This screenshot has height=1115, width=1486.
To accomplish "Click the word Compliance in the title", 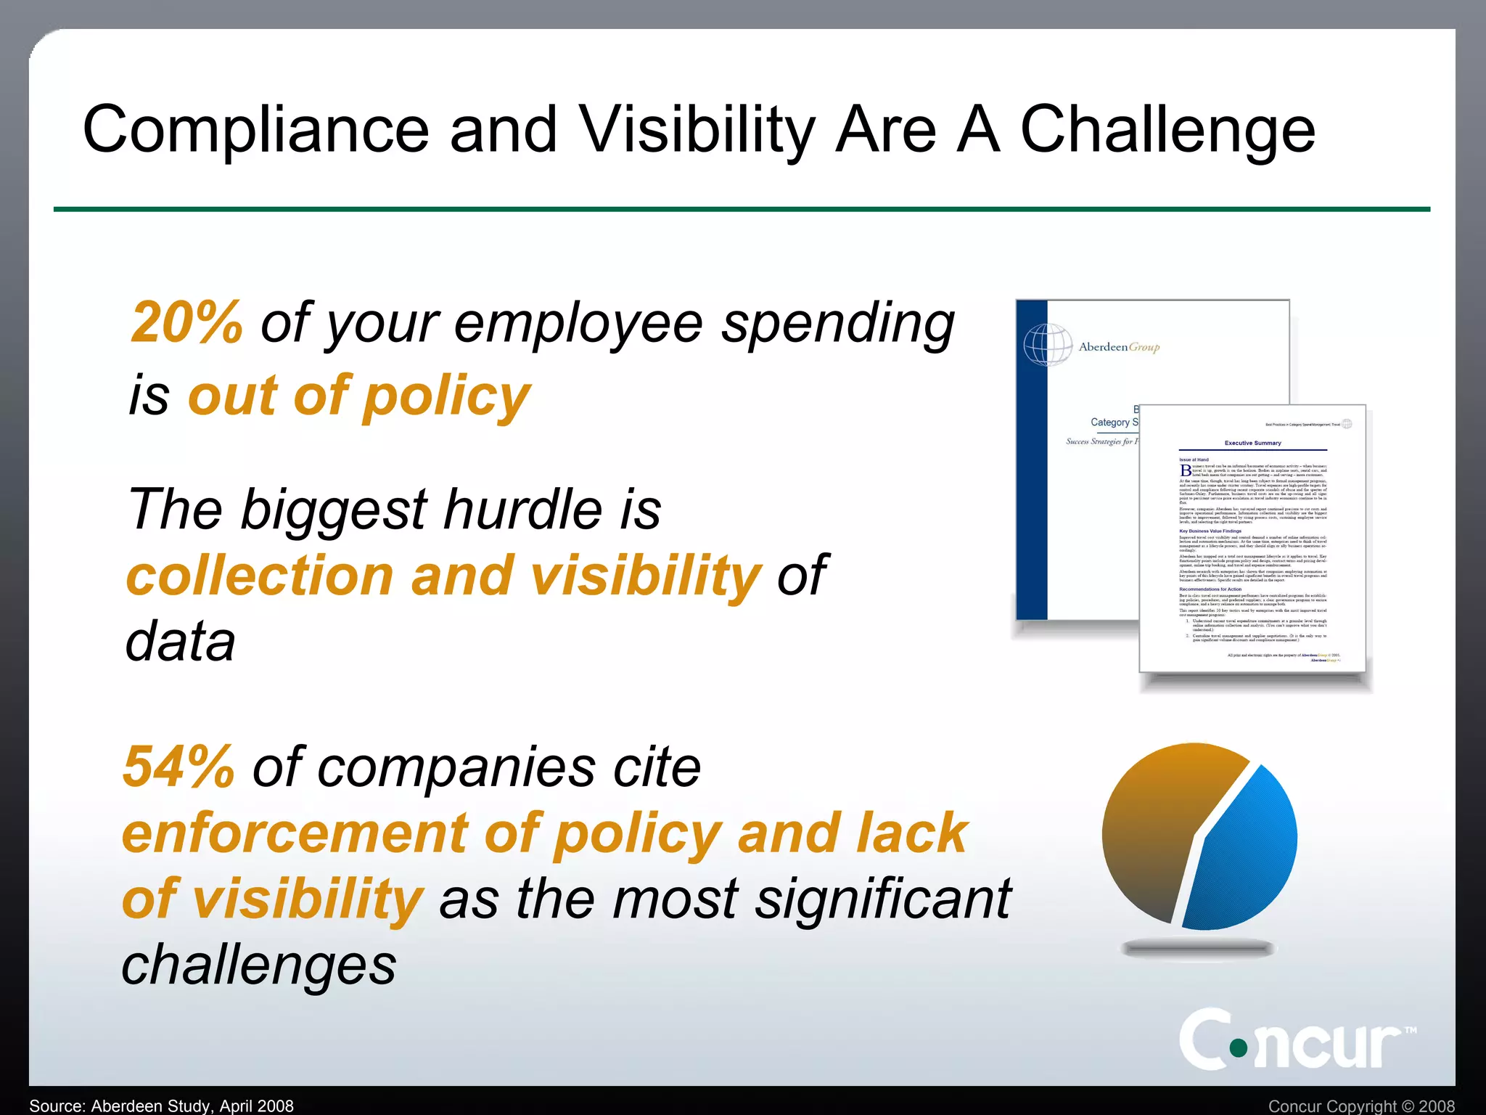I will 255,131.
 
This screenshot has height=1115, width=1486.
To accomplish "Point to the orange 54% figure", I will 178,767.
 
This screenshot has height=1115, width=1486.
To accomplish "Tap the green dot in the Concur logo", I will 1239,1047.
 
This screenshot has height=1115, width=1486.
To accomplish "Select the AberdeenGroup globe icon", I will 1048,344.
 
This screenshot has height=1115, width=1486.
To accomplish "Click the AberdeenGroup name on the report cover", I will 1119,347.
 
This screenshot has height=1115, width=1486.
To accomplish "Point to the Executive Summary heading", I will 1252,443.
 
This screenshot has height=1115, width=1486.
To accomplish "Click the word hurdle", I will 522,509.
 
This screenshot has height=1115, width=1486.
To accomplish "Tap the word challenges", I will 258,965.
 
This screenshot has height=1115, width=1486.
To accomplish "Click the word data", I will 181,642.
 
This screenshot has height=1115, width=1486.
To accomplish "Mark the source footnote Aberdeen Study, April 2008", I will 161,1106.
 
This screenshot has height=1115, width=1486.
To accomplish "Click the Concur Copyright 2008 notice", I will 1361,1106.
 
